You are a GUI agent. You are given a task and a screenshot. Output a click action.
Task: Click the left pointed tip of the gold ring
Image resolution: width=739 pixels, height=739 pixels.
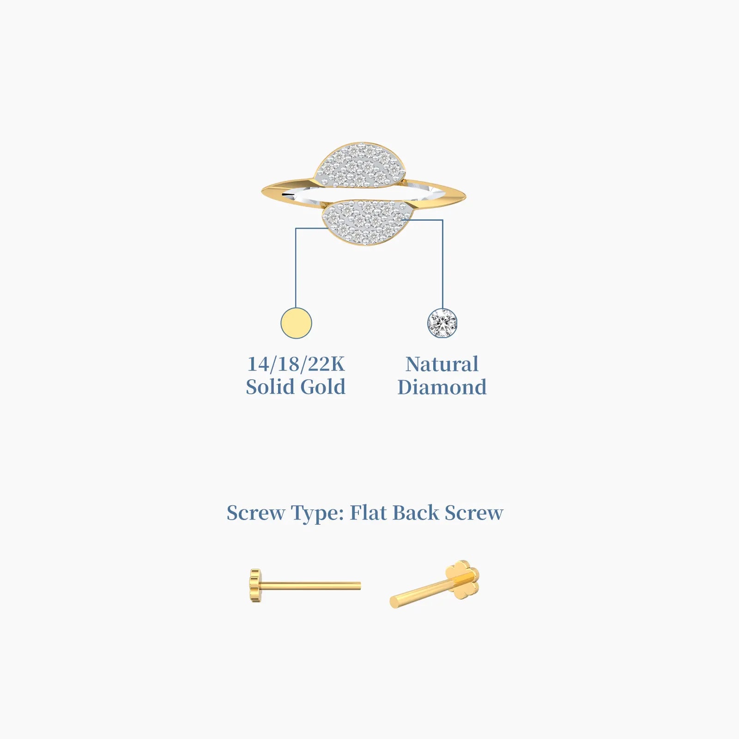262,192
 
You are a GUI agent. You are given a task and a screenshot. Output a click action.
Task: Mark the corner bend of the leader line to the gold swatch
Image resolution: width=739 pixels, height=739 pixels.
296,228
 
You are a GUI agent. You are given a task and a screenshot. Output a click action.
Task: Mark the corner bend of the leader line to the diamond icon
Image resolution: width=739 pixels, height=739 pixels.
442,220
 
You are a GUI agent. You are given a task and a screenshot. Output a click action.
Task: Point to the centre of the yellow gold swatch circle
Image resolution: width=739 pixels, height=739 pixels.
296,323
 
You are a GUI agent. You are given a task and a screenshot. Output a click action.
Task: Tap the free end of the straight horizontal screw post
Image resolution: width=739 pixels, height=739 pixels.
360,586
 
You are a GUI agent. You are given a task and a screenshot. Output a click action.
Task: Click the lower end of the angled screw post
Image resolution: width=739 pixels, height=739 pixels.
394,602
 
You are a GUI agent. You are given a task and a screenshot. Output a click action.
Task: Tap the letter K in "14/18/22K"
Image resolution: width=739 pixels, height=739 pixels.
337,364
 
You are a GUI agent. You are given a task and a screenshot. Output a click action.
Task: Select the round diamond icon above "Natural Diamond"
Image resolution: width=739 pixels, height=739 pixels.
442,323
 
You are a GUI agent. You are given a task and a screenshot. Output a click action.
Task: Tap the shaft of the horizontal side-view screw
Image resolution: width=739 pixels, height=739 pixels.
311,586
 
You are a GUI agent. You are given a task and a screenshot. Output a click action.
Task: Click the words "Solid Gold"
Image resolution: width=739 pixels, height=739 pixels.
296,387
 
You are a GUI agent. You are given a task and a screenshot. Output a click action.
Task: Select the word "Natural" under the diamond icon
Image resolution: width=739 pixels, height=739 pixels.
442,364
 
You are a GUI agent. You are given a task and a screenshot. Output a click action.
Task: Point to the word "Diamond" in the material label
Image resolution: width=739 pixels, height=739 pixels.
442,387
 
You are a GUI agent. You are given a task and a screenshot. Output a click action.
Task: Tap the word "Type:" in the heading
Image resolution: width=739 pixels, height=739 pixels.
317,514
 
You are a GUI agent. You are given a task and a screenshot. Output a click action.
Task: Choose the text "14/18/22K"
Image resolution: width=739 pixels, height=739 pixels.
296,364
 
